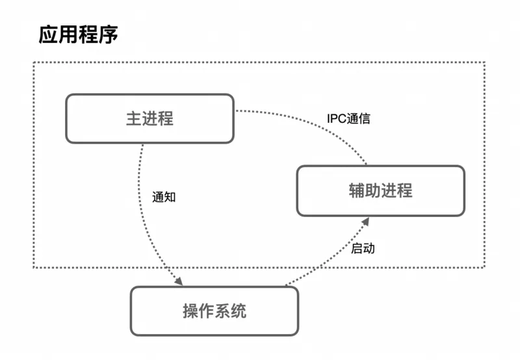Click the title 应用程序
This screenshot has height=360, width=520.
[x=78, y=34]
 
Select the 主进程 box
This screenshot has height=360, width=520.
[x=149, y=118]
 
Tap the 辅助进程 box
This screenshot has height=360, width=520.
[x=380, y=190]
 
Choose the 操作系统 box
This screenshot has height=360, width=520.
[x=214, y=311]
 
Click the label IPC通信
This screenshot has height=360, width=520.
[x=348, y=119]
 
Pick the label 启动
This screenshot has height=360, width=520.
[x=363, y=248]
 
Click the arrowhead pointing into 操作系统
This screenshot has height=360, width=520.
[x=178, y=280]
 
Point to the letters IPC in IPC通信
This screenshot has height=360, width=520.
[x=337, y=119]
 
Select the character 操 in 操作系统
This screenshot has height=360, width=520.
[x=190, y=311]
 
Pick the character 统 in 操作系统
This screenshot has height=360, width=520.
[x=239, y=311]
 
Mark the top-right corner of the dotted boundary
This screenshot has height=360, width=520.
[x=485, y=62]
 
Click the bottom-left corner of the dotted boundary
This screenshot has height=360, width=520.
[x=34, y=267]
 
